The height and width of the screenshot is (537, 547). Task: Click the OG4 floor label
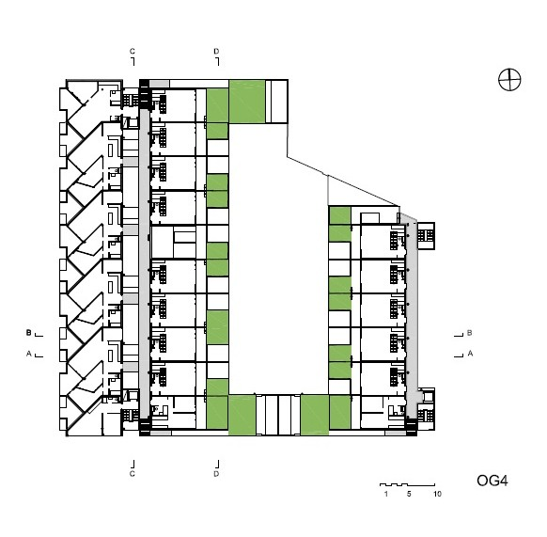(492, 481)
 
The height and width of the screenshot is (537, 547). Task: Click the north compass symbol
(509, 80)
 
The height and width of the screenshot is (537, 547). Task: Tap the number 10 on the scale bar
(437, 494)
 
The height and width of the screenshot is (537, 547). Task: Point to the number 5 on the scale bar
(409, 494)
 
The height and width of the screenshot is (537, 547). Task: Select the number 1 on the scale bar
(386, 494)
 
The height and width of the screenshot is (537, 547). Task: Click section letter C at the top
(133, 52)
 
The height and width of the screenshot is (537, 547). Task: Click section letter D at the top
(216, 52)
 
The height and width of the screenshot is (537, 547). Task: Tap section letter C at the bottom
(133, 474)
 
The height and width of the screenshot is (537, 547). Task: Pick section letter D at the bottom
(216, 474)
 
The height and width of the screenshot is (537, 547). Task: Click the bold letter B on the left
(28, 333)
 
